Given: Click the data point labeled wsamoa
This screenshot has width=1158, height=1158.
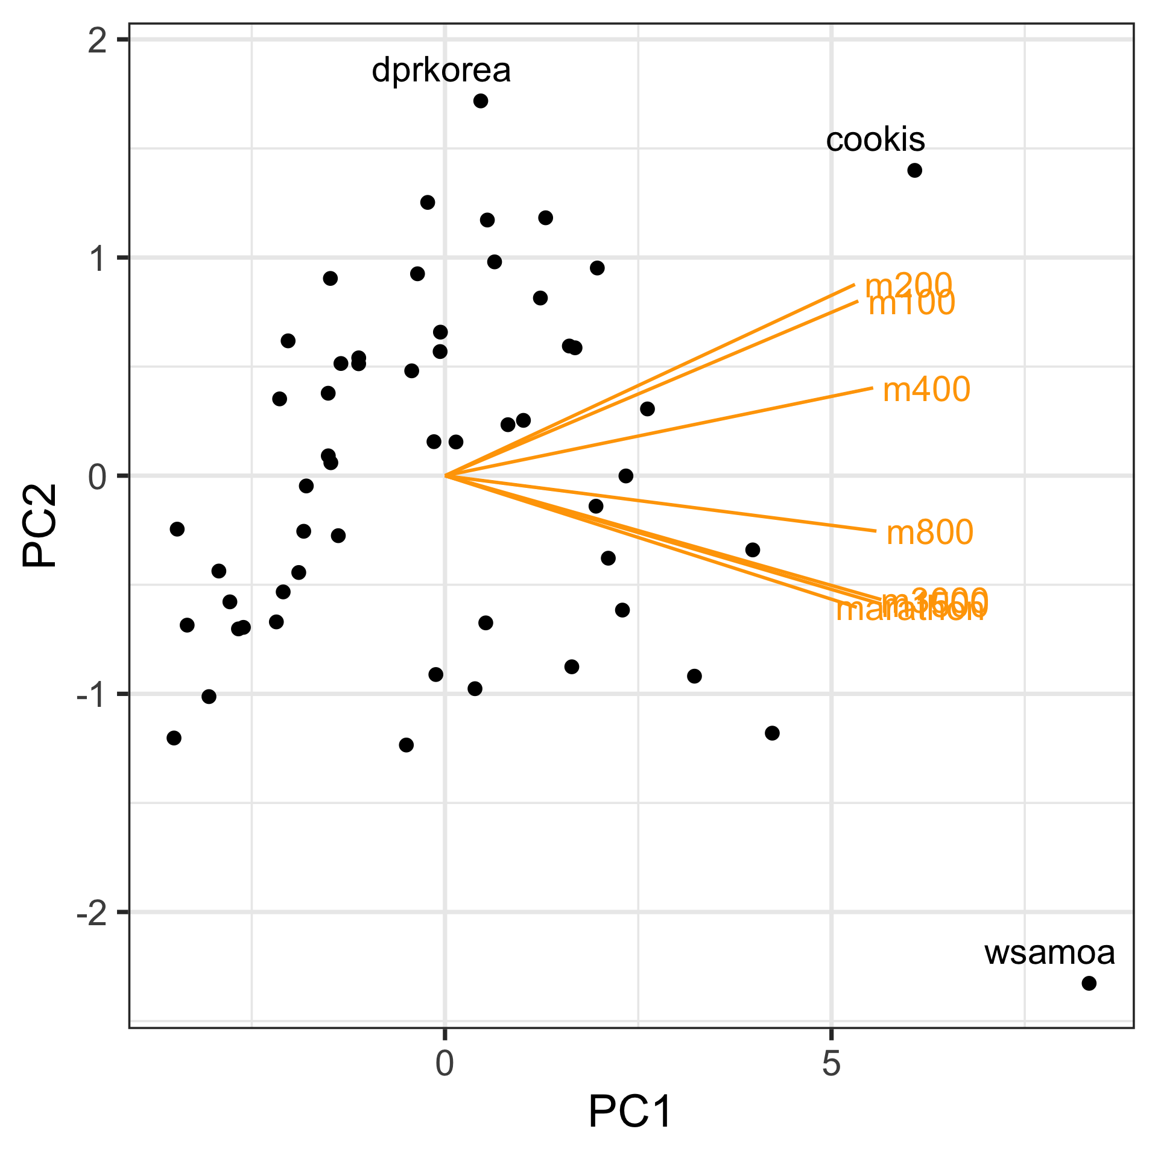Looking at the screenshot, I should click(1089, 983).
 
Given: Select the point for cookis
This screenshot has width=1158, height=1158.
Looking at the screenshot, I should click(914, 170).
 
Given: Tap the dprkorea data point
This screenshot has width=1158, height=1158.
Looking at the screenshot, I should click(481, 101).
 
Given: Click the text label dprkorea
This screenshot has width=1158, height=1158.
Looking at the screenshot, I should click(441, 71).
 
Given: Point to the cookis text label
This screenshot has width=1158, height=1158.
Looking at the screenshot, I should click(875, 140).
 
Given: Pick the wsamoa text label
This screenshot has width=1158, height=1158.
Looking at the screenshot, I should click(1049, 953).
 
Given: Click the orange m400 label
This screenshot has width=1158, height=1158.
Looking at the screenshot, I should click(926, 390).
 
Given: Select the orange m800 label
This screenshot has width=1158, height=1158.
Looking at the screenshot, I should click(930, 533).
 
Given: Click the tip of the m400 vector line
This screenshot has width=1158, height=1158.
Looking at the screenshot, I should click(872, 388).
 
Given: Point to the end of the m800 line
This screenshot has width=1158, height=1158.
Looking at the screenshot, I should click(875, 531).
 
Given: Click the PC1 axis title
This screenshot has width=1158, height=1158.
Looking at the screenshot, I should click(630, 1112).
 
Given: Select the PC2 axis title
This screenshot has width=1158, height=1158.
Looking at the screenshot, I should click(40, 525).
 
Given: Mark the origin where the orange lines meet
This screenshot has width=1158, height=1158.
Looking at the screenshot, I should click(445, 476).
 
